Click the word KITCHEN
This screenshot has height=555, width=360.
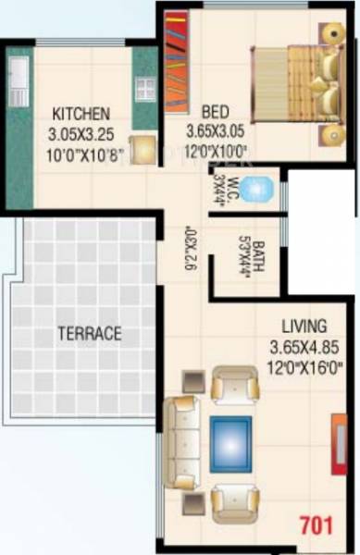pos(81,115)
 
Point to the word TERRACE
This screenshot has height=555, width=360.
pos(90,334)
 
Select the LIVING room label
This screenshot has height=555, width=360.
pos(304,326)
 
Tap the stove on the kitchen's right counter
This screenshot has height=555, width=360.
pos(144,89)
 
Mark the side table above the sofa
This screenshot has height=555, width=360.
pos(194,379)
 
